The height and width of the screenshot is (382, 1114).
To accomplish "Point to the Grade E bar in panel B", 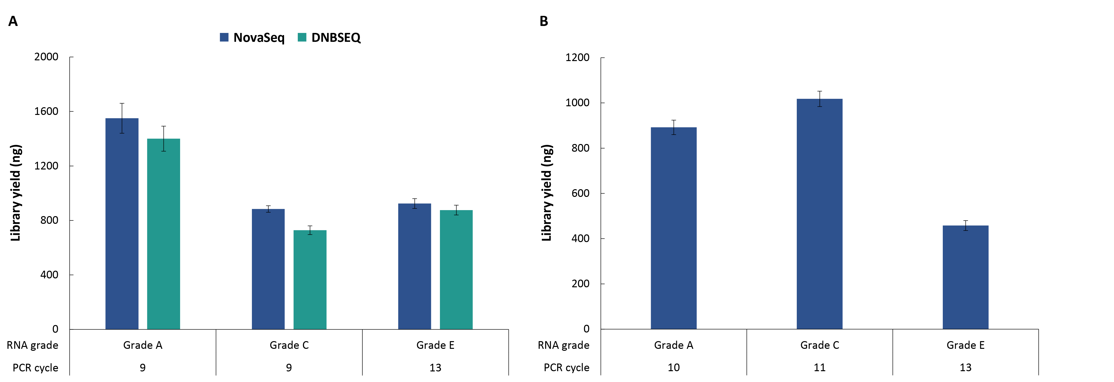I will coord(965,277).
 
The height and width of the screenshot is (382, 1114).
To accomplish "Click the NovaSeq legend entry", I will coord(253,38).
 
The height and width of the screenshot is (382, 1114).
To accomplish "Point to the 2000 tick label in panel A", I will coord(46,57).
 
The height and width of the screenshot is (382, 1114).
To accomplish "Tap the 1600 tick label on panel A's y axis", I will coord(46,111).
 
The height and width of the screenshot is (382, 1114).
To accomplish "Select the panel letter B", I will coord(544,21).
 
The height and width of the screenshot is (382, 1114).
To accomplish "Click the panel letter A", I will coord(13,21).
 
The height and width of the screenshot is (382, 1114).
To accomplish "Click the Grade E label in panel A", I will coord(435,345).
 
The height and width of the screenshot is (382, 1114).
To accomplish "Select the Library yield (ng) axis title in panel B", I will coord(547,193).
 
